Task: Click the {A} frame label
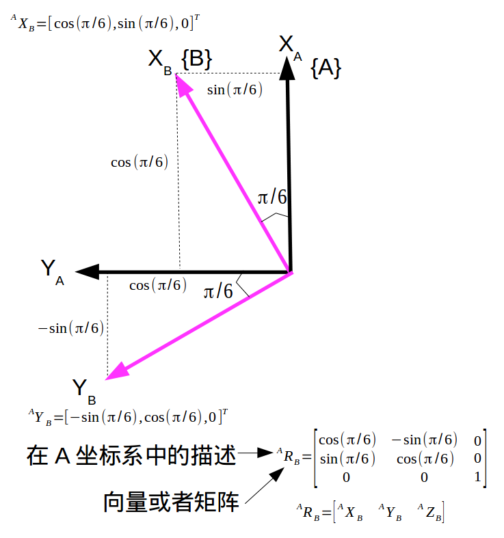pos(326,68)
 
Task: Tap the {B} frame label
pos(196,59)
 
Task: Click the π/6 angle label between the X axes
pos(271,198)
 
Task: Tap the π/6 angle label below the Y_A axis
pos(218,292)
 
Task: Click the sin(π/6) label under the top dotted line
pos(235,90)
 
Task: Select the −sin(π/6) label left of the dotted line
pos(70,328)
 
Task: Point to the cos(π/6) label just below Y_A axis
pos(158,285)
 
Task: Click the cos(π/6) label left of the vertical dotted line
pos(140,163)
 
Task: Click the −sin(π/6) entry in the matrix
pos(424,439)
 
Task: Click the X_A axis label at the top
pos(290,46)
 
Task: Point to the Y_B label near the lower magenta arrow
pos(83,391)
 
